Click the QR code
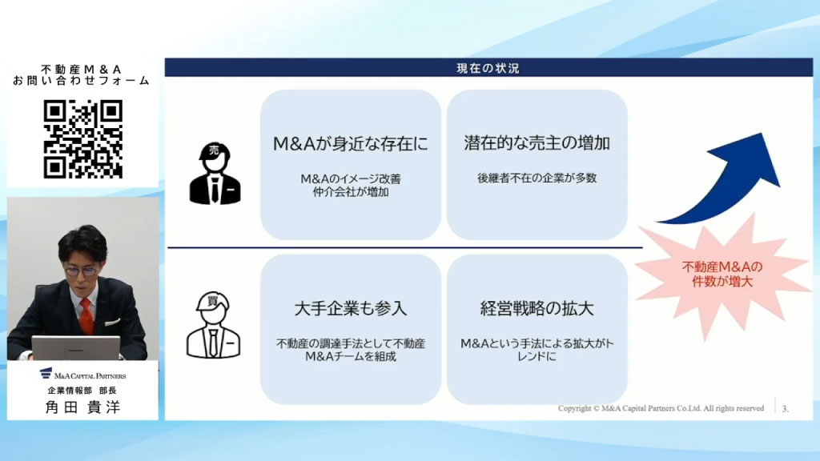[x=82, y=138]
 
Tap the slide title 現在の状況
[x=482, y=69]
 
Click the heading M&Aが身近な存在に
[x=351, y=144]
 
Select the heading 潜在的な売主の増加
[x=537, y=144]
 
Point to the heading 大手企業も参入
[x=351, y=308]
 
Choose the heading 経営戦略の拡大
[x=537, y=308]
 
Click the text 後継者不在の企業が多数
[x=537, y=178]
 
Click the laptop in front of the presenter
[x=75, y=348]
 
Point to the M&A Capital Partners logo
[x=82, y=374]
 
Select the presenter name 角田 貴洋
[x=82, y=407]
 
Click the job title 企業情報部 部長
[x=82, y=390]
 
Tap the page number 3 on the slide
[x=785, y=409]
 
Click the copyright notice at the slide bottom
[x=661, y=408]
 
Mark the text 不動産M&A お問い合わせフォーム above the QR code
[x=82, y=74]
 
